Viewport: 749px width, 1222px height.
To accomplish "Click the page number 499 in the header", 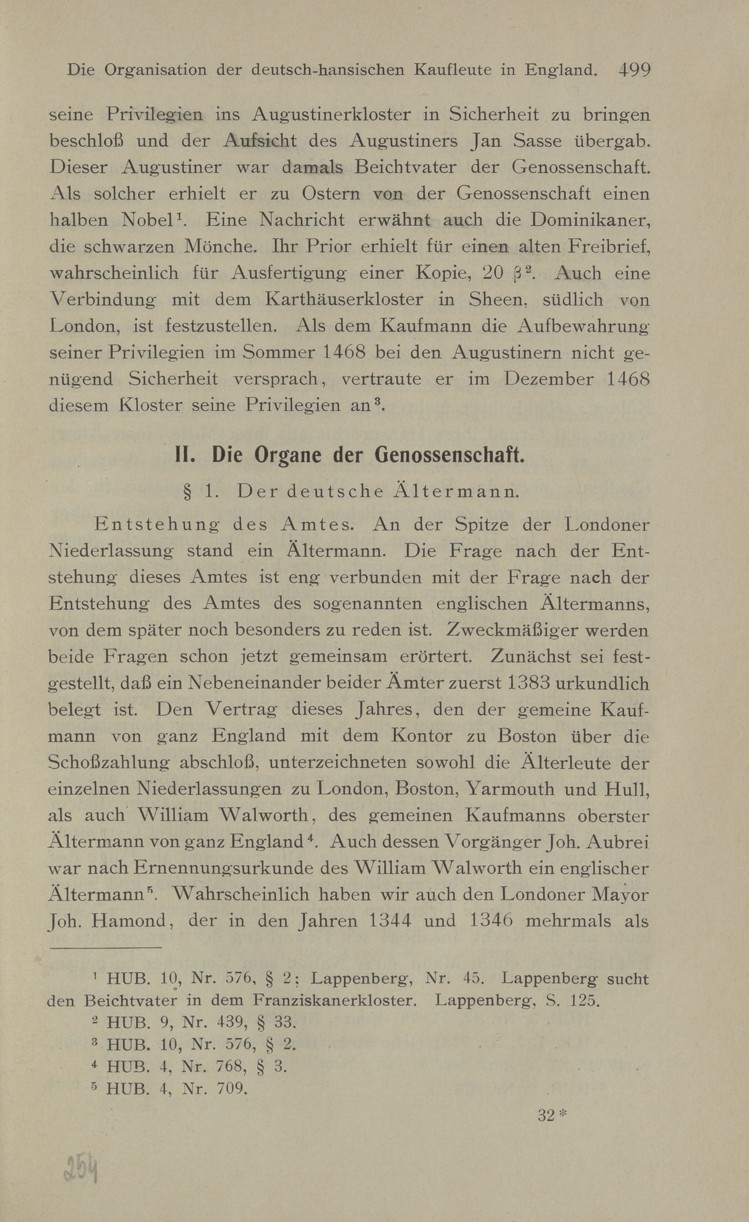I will pyautogui.click(x=634, y=69).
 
